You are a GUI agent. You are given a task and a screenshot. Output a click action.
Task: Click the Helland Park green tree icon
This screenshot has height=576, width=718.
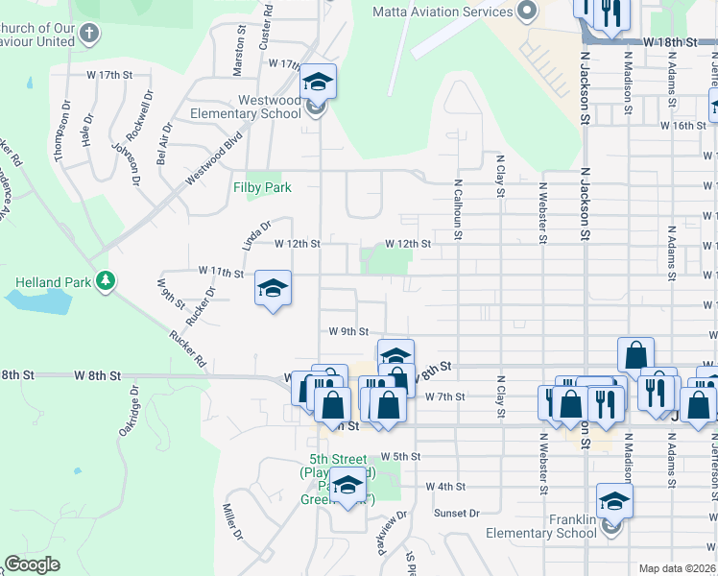(x=107, y=281)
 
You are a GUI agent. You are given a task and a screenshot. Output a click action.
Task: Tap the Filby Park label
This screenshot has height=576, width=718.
(x=262, y=187)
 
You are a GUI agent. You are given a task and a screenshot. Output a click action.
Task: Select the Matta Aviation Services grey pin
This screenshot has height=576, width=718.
(x=526, y=12)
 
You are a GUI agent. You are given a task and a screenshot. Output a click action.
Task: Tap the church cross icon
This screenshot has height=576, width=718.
(x=89, y=36)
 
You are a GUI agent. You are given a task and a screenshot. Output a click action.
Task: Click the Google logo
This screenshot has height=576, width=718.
(x=32, y=564)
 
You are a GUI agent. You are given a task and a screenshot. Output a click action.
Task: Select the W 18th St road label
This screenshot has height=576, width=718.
(x=669, y=43)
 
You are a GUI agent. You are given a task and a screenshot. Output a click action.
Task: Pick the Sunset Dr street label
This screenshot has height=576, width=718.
(x=456, y=514)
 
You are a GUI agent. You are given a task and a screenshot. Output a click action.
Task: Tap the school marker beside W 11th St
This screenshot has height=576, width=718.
(x=273, y=289)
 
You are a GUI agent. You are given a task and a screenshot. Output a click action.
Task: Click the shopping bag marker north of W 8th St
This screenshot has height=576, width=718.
(x=635, y=355)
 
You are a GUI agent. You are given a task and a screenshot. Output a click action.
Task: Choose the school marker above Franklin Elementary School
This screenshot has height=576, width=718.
(x=614, y=501)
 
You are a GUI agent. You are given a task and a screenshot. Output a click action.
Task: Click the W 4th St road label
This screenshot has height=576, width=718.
(x=446, y=487)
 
